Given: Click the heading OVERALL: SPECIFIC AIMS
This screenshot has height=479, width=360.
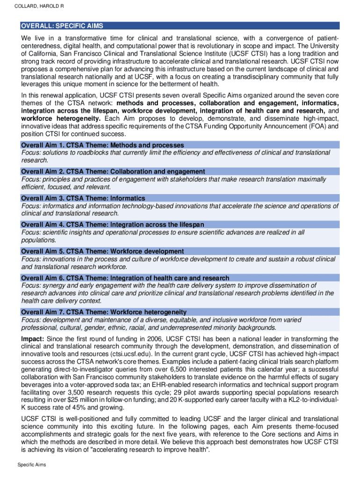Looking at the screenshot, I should coord(62,26).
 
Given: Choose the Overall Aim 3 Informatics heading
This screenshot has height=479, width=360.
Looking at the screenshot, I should coord(83,198).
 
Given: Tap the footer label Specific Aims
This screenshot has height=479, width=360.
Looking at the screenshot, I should coord(32,464).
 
